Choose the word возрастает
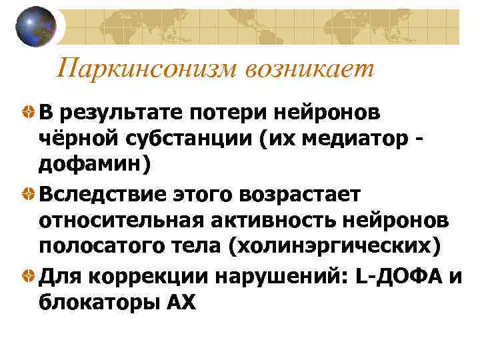tap(303, 194)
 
